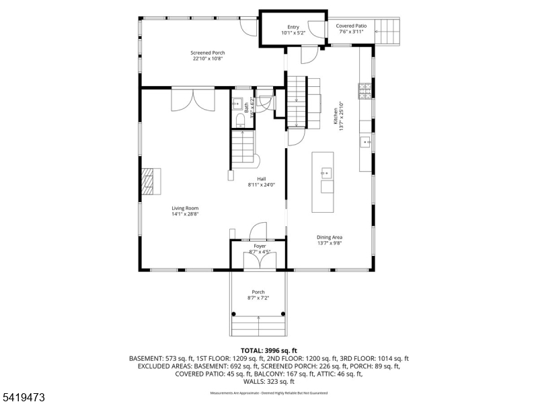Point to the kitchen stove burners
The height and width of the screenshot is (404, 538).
point(366,91)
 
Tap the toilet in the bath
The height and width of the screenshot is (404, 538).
point(240,121)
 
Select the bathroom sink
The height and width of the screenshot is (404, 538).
point(237,104)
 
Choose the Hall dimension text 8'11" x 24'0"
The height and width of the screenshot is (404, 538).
point(262,184)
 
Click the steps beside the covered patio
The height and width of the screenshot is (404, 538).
point(387,30)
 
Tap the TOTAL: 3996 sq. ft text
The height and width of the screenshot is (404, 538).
point(268,351)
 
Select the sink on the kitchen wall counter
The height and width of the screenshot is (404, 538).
point(367,141)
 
